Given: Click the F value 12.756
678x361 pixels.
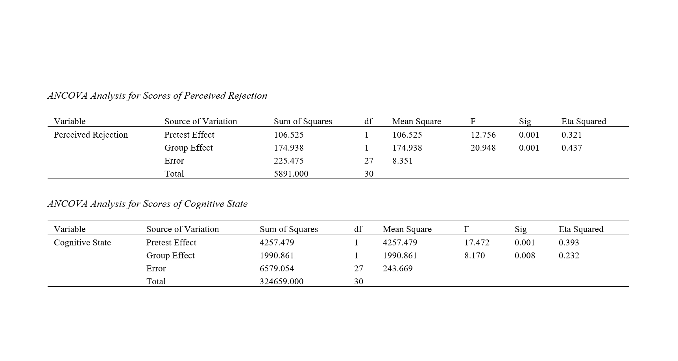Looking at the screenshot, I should [483, 135].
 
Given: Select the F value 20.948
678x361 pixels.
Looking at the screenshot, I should [483, 148].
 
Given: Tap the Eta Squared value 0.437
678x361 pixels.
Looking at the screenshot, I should [571, 148].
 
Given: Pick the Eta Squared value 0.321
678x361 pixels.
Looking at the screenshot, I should [571, 135].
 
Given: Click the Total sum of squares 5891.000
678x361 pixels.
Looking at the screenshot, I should [291, 174].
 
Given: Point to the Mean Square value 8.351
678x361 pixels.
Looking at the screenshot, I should [402, 161].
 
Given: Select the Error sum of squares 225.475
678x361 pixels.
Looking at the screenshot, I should [288, 161].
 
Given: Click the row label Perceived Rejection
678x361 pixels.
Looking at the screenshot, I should [91, 135].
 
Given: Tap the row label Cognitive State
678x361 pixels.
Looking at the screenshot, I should [82, 243].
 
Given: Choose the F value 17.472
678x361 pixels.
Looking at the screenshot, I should [477, 243].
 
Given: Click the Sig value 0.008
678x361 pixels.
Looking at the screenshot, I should [525, 256].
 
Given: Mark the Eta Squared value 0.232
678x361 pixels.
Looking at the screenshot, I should [569, 256].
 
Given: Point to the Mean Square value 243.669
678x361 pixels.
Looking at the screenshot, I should [397, 269].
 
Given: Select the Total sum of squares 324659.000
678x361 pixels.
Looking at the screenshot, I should [281, 282].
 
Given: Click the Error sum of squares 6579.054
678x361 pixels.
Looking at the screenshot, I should [277, 269].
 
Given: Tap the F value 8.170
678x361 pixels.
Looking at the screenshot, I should [474, 256].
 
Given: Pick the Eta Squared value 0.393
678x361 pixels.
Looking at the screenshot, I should [569, 243].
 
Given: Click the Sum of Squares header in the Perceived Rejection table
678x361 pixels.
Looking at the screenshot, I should [303, 122].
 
